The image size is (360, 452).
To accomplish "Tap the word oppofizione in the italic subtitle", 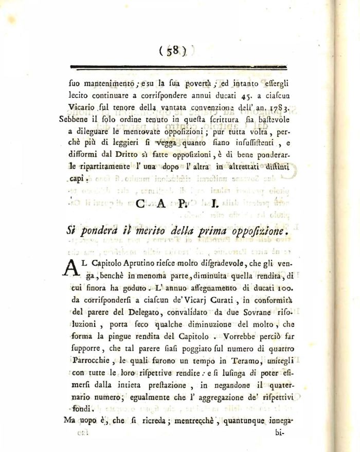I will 255,231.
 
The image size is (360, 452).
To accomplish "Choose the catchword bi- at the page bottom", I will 280,433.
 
